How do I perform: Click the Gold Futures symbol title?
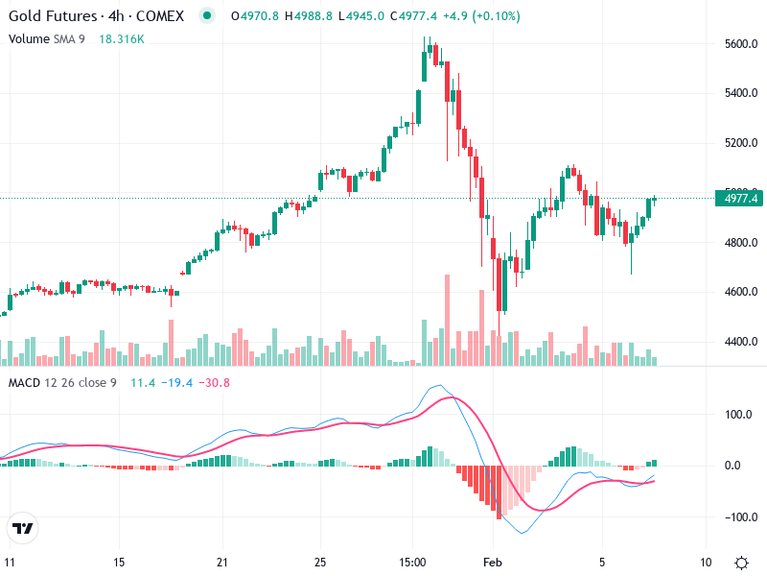pyautogui.click(x=52, y=16)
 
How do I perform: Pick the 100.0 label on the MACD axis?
pyautogui.click(x=736, y=416)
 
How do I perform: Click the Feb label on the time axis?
pyautogui.click(x=492, y=562)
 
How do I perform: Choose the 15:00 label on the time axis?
pyautogui.click(x=412, y=562)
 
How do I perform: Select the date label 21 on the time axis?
pyautogui.click(x=221, y=562)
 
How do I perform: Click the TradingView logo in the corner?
pyautogui.click(x=23, y=528)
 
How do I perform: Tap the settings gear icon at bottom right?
pyautogui.click(x=741, y=562)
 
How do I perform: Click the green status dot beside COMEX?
pyautogui.click(x=206, y=16)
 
